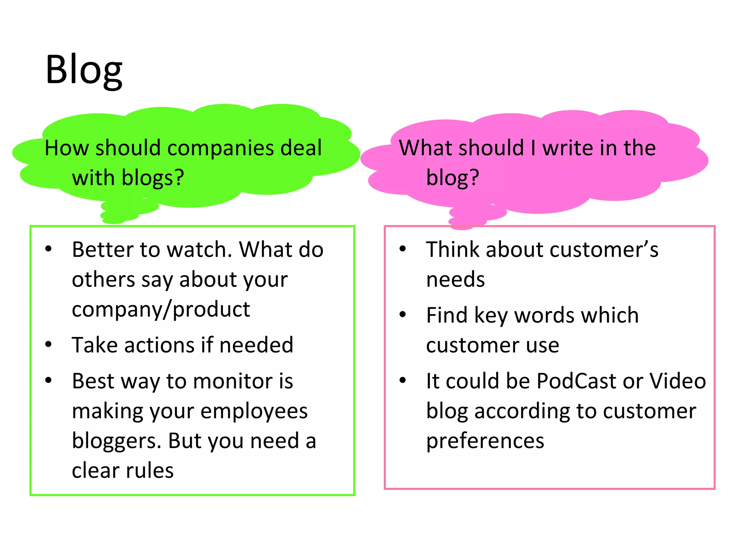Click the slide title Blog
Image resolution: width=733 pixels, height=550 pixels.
(x=84, y=70)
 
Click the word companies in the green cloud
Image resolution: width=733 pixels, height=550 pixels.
(x=221, y=148)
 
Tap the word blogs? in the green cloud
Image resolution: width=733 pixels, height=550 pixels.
(x=153, y=178)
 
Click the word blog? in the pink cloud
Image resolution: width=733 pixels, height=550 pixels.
(x=452, y=178)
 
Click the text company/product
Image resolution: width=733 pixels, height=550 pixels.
(x=161, y=309)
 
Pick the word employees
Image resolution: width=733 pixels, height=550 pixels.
(x=254, y=411)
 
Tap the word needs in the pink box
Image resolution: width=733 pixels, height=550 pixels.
(x=455, y=280)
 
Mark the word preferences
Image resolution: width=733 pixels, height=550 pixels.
(x=485, y=441)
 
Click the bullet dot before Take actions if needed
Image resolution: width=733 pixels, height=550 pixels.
(x=49, y=344)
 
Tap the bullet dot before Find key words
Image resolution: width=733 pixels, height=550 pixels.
(x=403, y=315)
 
